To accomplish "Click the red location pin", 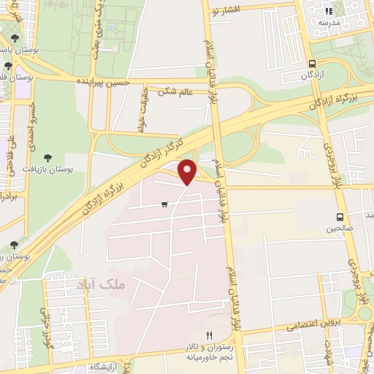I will click(x=188, y=172).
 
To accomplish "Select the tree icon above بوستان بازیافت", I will click(x=48, y=157).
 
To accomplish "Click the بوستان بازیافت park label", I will click(x=48, y=169).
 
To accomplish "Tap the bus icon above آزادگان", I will click(x=313, y=64).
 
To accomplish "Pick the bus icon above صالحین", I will click(x=340, y=217).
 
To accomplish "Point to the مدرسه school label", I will click(x=329, y=23).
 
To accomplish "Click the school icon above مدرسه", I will click(x=329, y=11).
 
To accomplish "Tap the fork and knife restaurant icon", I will click(x=209, y=335).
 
